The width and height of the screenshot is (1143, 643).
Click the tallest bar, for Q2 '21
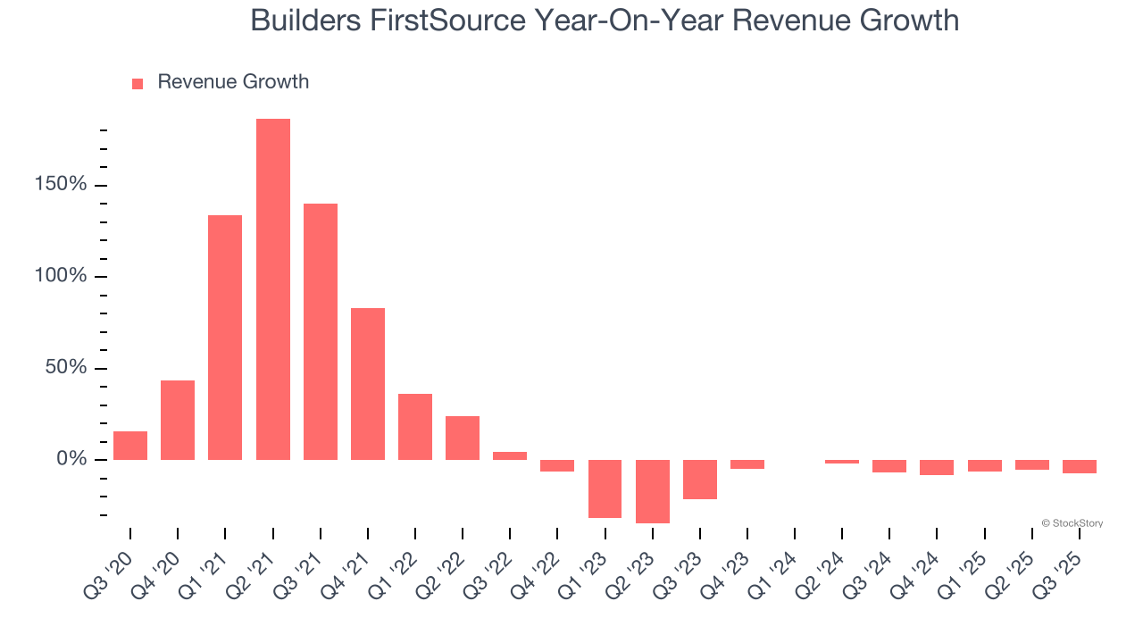(273, 289)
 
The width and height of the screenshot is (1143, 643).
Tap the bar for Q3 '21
(321, 331)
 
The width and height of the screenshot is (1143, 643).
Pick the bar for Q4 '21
(368, 384)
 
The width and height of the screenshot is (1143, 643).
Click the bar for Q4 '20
(178, 420)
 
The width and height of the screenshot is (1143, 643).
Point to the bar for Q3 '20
(130, 446)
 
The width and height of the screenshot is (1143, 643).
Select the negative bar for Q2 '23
(653, 491)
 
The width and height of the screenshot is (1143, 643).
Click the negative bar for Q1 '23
(605, 489)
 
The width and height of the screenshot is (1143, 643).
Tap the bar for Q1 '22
(415, 427)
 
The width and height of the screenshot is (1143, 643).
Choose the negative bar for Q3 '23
(700, 480)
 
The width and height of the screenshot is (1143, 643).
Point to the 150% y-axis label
(60, 185)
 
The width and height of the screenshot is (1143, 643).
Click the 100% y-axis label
(60, 276)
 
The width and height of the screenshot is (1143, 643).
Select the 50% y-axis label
(65, 368)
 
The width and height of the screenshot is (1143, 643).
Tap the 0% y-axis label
(71, 459)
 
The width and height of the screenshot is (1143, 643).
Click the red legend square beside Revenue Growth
(138, 84)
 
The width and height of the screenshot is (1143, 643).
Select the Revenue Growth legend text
(233, 82)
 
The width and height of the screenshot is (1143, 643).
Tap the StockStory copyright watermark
(1072, 523)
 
